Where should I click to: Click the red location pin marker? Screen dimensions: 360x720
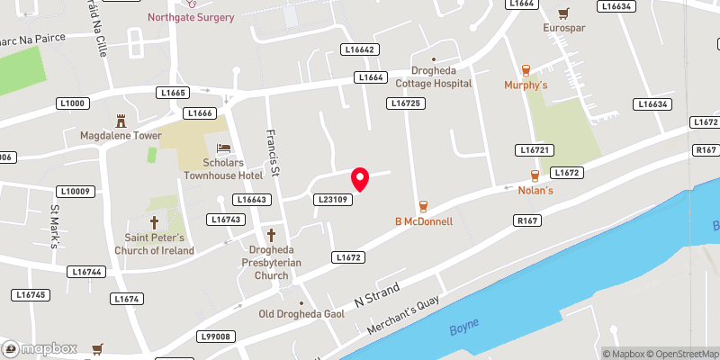point(360,178)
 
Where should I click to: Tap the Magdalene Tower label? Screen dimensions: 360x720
point(120,136)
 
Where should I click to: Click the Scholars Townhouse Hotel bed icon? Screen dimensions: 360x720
point(223,148)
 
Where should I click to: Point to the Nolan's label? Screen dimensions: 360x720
point(534,191)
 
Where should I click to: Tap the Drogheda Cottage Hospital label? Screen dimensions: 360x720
point(435,77)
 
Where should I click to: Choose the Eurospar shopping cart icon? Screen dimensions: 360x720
point(563,13)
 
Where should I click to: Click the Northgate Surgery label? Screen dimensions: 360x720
point(193,17)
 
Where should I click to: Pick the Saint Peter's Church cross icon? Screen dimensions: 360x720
point(154,221)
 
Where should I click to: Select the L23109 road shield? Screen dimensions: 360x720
point(331,200)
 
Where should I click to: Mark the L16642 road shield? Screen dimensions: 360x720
point(358,49)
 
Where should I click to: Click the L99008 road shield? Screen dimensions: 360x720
point(215,337)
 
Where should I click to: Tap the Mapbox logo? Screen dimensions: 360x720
point(38,348)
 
